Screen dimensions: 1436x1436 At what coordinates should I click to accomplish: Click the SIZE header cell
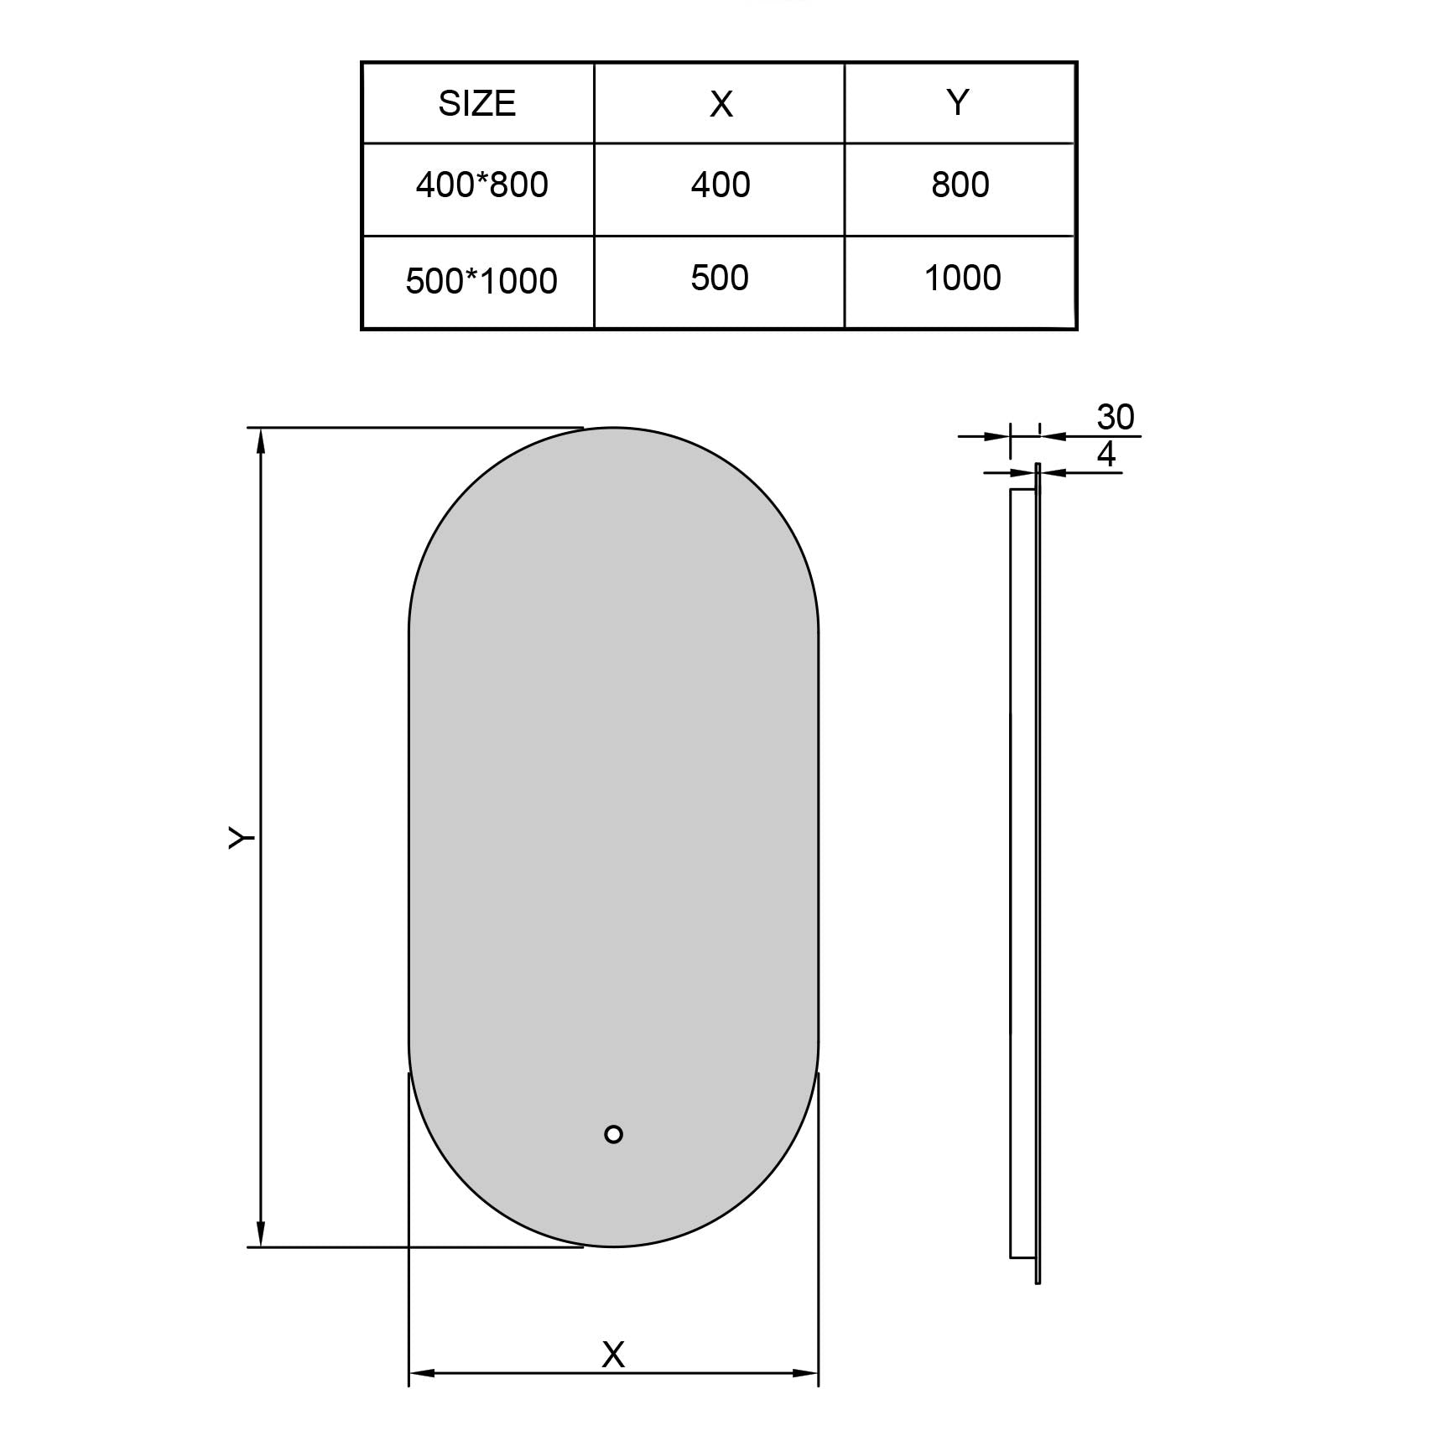pos(477,103)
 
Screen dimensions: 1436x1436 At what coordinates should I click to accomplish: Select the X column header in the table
pos(721,104)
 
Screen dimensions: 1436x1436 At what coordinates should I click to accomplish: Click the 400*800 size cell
pos(481,185)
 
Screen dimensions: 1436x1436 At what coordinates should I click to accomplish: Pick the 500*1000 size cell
pos(481,280)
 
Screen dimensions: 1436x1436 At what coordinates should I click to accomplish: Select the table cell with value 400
pos(721,185)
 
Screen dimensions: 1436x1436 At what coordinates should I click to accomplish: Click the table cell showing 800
pos(960,185)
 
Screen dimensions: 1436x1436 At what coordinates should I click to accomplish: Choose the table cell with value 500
pos(720,278)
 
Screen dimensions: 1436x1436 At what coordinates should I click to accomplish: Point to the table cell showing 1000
pos(962,278)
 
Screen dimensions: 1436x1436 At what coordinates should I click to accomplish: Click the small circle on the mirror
pos(613,1134)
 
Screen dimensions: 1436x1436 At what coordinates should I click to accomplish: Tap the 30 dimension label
pos(1116,417)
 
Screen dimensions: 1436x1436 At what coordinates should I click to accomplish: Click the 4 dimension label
pos(1106,455)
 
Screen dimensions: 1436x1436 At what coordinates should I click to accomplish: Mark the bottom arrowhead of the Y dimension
pos(261,1236)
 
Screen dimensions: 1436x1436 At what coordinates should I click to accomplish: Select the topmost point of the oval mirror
pos(613,428)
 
